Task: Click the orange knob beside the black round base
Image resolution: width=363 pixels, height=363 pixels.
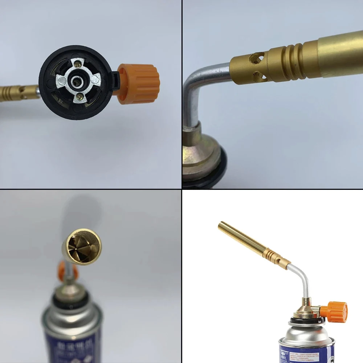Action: click(x=140, y=84)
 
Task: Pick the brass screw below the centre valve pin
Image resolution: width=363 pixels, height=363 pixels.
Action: click(x=79, y=97)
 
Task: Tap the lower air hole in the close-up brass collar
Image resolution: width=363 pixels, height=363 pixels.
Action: click(x=258, y=75)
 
